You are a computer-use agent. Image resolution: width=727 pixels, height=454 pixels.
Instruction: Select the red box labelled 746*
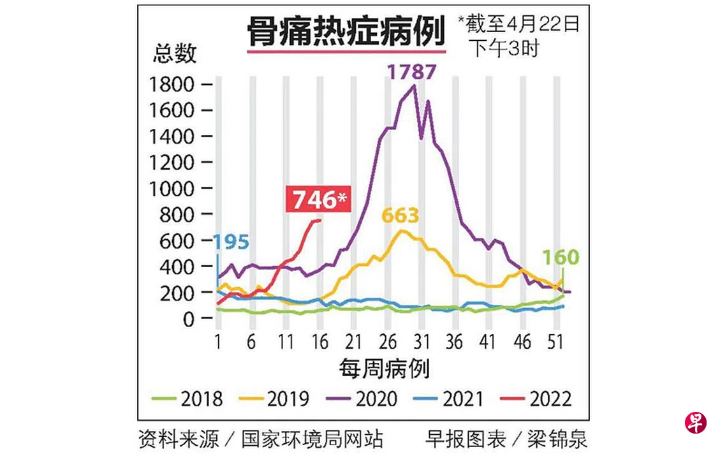tap(318, 200)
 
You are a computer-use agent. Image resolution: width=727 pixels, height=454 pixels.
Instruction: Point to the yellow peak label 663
tap(400, 216)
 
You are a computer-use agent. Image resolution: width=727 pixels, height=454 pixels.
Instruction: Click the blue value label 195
tap(231, 242)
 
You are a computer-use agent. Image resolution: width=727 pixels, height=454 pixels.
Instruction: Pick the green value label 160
tap(561, 258)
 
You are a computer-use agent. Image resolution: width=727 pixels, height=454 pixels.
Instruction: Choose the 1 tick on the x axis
tap(218, 342)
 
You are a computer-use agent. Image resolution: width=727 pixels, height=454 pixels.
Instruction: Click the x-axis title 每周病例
tap(384, 369)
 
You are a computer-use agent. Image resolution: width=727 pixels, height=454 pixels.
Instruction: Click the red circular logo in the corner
tap(695, 423)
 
